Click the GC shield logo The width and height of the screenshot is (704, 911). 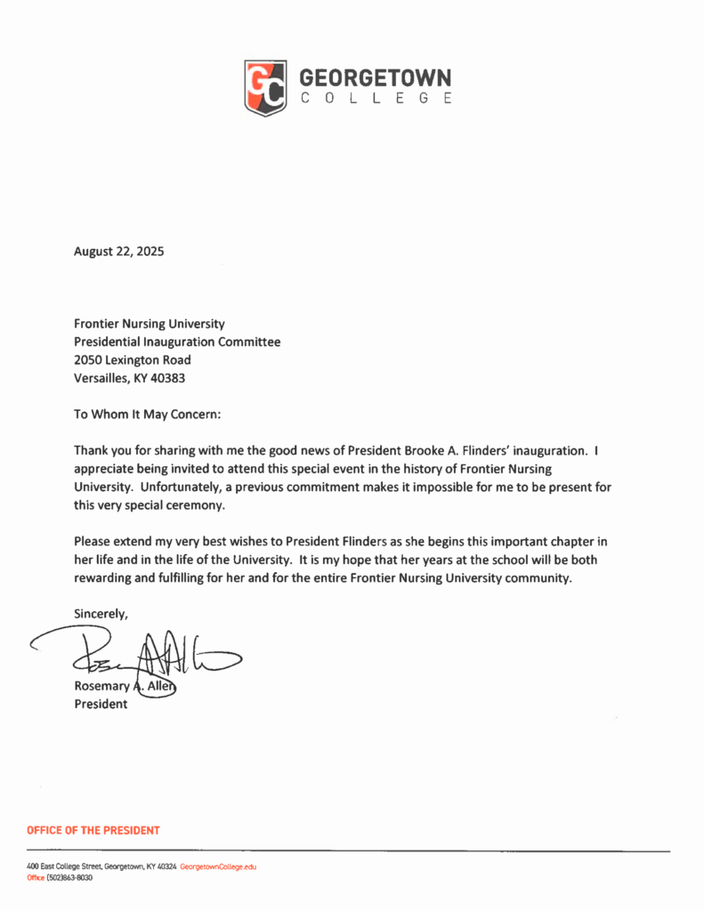[x=265, y=87]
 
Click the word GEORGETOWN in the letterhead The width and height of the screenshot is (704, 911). [x=376, y=77]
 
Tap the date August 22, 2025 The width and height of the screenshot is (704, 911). [x=118, y=252]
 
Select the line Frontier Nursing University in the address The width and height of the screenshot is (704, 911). [x=149, y=324]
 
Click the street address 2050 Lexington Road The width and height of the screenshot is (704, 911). [x=132, y=359]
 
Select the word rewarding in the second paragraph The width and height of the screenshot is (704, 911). [x=102, y=578]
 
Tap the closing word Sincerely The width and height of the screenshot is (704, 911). [x=101, y=614]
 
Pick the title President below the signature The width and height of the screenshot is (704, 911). [x=101, y=705]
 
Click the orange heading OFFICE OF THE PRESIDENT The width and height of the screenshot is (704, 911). [x=93, y=830]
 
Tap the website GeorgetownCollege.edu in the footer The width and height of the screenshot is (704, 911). [x=218, y=866]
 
